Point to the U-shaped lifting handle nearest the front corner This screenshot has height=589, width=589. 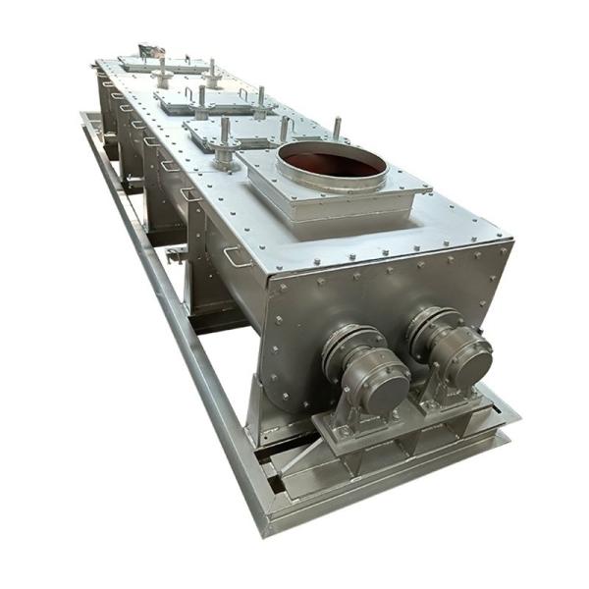click(x=237, y=258)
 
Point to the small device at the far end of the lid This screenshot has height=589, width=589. click(x=149, y=49)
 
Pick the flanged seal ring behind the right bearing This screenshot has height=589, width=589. click(x=426, y=324)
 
